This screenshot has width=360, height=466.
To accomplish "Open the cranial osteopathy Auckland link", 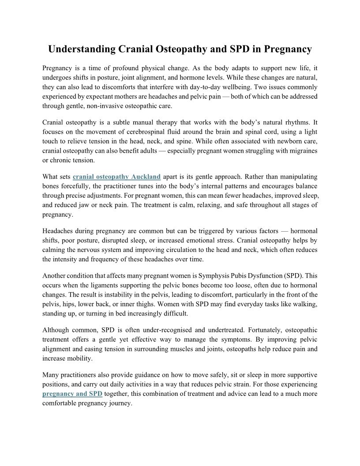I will tap(116, 177).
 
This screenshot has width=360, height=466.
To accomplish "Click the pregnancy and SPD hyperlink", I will tap(72, 394).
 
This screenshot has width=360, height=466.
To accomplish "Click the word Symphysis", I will tap(207, 276).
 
